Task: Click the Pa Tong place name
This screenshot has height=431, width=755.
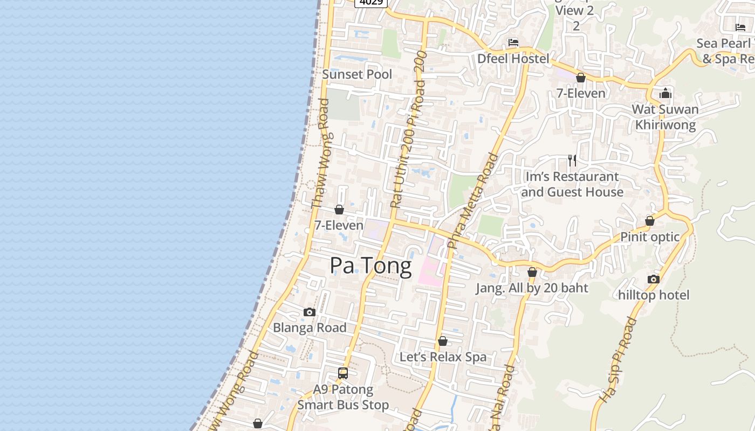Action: (x=370, y=265)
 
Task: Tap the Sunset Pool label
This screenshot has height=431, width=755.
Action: (x=357, y=74)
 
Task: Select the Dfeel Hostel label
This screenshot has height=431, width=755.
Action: (x=513, y=58)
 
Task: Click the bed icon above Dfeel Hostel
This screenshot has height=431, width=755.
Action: (x=513, y=43)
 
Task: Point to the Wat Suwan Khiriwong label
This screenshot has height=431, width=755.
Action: (x=665, y=117)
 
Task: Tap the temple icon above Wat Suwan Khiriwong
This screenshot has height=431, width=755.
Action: (x=665, y=94)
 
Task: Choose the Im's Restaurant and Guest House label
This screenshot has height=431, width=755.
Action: (x=572, y=184)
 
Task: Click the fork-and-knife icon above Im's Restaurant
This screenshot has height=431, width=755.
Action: (x=572, y=160)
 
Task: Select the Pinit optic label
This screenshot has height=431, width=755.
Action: (x=650, y=237)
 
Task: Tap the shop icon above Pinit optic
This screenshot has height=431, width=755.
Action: (x=650, y=221)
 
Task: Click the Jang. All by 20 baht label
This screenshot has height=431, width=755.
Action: (x=532, y=288)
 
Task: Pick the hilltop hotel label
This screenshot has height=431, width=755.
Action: (x=654, y=295)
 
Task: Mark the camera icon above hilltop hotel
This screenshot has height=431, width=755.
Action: (x=654, y=279)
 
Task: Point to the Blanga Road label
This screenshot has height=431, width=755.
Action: (x=310, y=328)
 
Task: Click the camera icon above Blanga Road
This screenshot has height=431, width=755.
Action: (x=310, y=312)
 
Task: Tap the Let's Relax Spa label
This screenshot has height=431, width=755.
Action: (x=443, y=357)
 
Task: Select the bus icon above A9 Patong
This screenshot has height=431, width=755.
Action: (x=343, y=373)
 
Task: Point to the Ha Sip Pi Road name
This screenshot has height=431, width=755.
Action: (x=618, y=360)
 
